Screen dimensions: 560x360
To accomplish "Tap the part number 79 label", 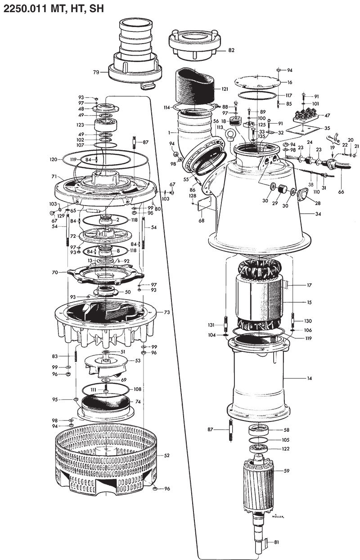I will [x=96, y=72].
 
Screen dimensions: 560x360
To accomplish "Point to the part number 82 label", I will [x=231, y=50].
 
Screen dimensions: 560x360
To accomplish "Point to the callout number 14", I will [x=310, y=379].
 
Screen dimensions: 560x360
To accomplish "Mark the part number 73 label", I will [x=166, y=312].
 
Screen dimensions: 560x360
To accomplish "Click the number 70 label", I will [x=55, y=272].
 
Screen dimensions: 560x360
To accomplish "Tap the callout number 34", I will [x=318, y=214].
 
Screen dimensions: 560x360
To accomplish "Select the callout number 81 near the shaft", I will [x=276, y=542].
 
